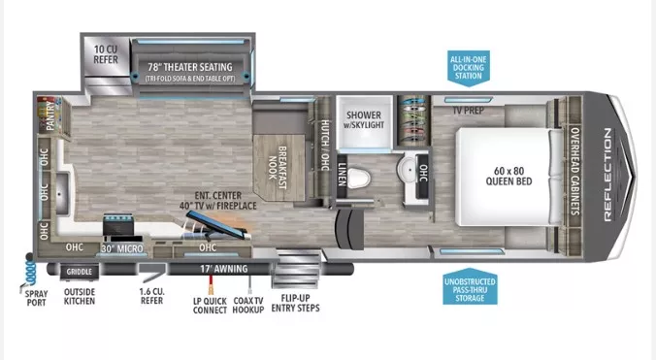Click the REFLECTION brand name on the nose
coord(609,176)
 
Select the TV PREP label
coord(468,109)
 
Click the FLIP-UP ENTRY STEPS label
coord(298,302)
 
